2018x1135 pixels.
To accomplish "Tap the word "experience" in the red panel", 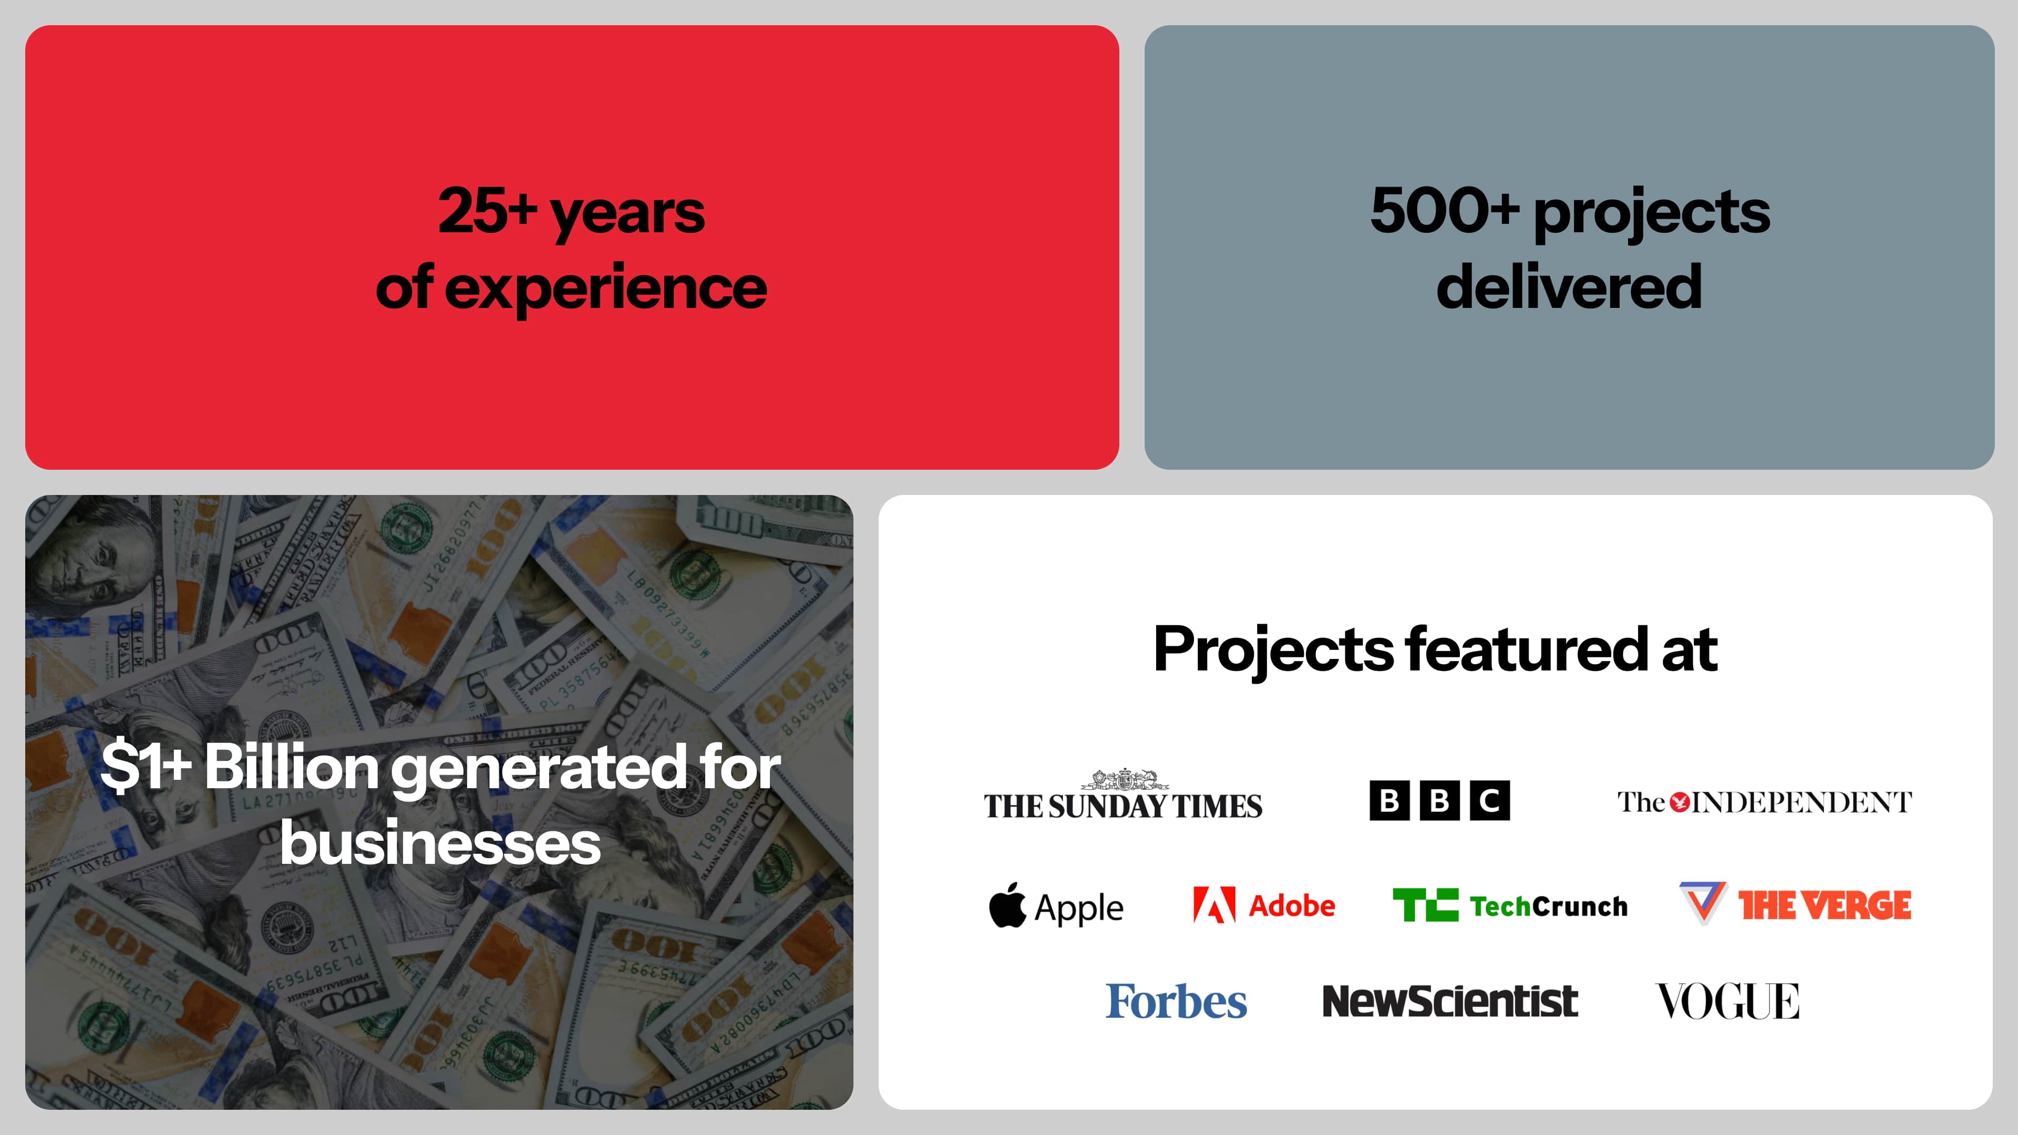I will pos(605,289).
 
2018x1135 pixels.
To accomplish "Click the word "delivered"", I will pos(1569,287).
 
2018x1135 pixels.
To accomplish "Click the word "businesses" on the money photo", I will pos(440,843).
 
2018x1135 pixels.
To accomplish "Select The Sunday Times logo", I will pos(1123,804).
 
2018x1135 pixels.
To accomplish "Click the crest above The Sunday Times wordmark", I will pos(1124,779).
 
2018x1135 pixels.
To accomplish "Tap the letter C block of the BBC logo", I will pos(1489,800).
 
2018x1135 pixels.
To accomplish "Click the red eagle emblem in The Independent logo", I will pos(1679,802).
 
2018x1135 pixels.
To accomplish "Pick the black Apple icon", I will pos(1007,905).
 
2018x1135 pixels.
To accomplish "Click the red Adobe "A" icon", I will pos(1213,905).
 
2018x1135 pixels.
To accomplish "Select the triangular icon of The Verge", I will pos(1702,902).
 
